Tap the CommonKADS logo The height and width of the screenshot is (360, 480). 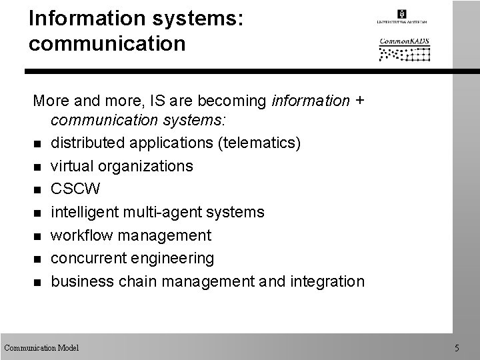405,49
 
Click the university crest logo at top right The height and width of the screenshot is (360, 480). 401,14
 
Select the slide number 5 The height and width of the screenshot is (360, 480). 457,347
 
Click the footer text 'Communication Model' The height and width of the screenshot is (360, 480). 41,347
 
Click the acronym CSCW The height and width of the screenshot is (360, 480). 76,189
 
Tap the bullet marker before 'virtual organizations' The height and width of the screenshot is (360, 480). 37,167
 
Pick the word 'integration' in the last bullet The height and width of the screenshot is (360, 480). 327,281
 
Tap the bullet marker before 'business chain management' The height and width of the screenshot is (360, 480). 37,281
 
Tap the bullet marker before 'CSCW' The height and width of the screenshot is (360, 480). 37,190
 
